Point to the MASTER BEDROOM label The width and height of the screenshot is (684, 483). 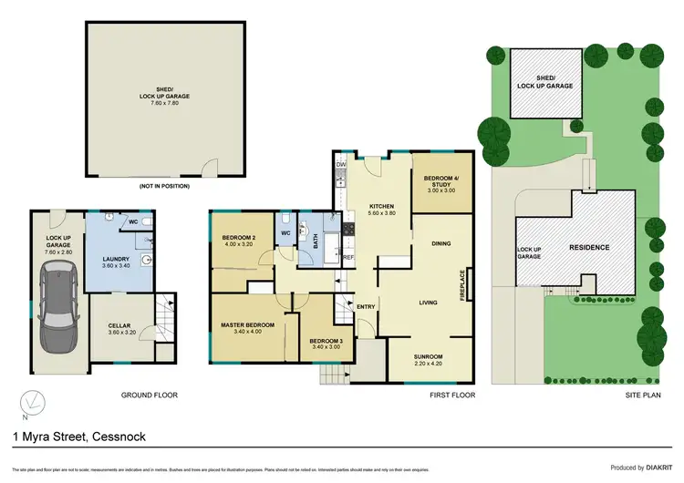click(x=246, y=324)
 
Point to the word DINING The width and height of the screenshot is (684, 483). click(x=441, y=243)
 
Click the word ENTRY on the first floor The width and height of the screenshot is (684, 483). click(x=366, y=306)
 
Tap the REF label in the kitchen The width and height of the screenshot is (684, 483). click(x=347, y=258)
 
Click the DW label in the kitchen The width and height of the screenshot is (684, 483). click(x=340, y=164)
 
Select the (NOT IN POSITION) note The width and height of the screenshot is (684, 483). click(x=165, y=186)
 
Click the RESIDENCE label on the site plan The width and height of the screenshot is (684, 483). click(x=590, y=247)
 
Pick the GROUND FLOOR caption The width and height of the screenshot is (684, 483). click(x=149, y=396)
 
